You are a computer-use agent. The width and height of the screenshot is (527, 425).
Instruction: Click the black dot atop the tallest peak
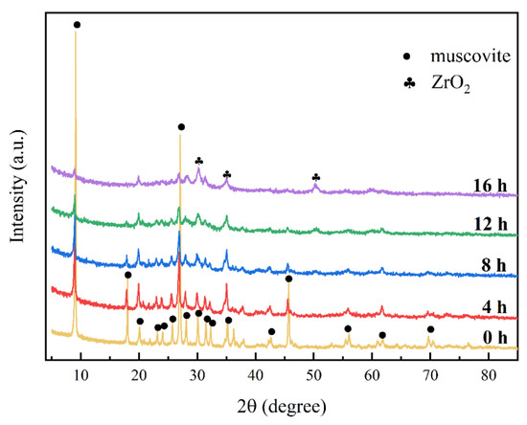coord(77,25)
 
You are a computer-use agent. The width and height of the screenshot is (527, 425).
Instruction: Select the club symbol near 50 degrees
coord(316,177)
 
